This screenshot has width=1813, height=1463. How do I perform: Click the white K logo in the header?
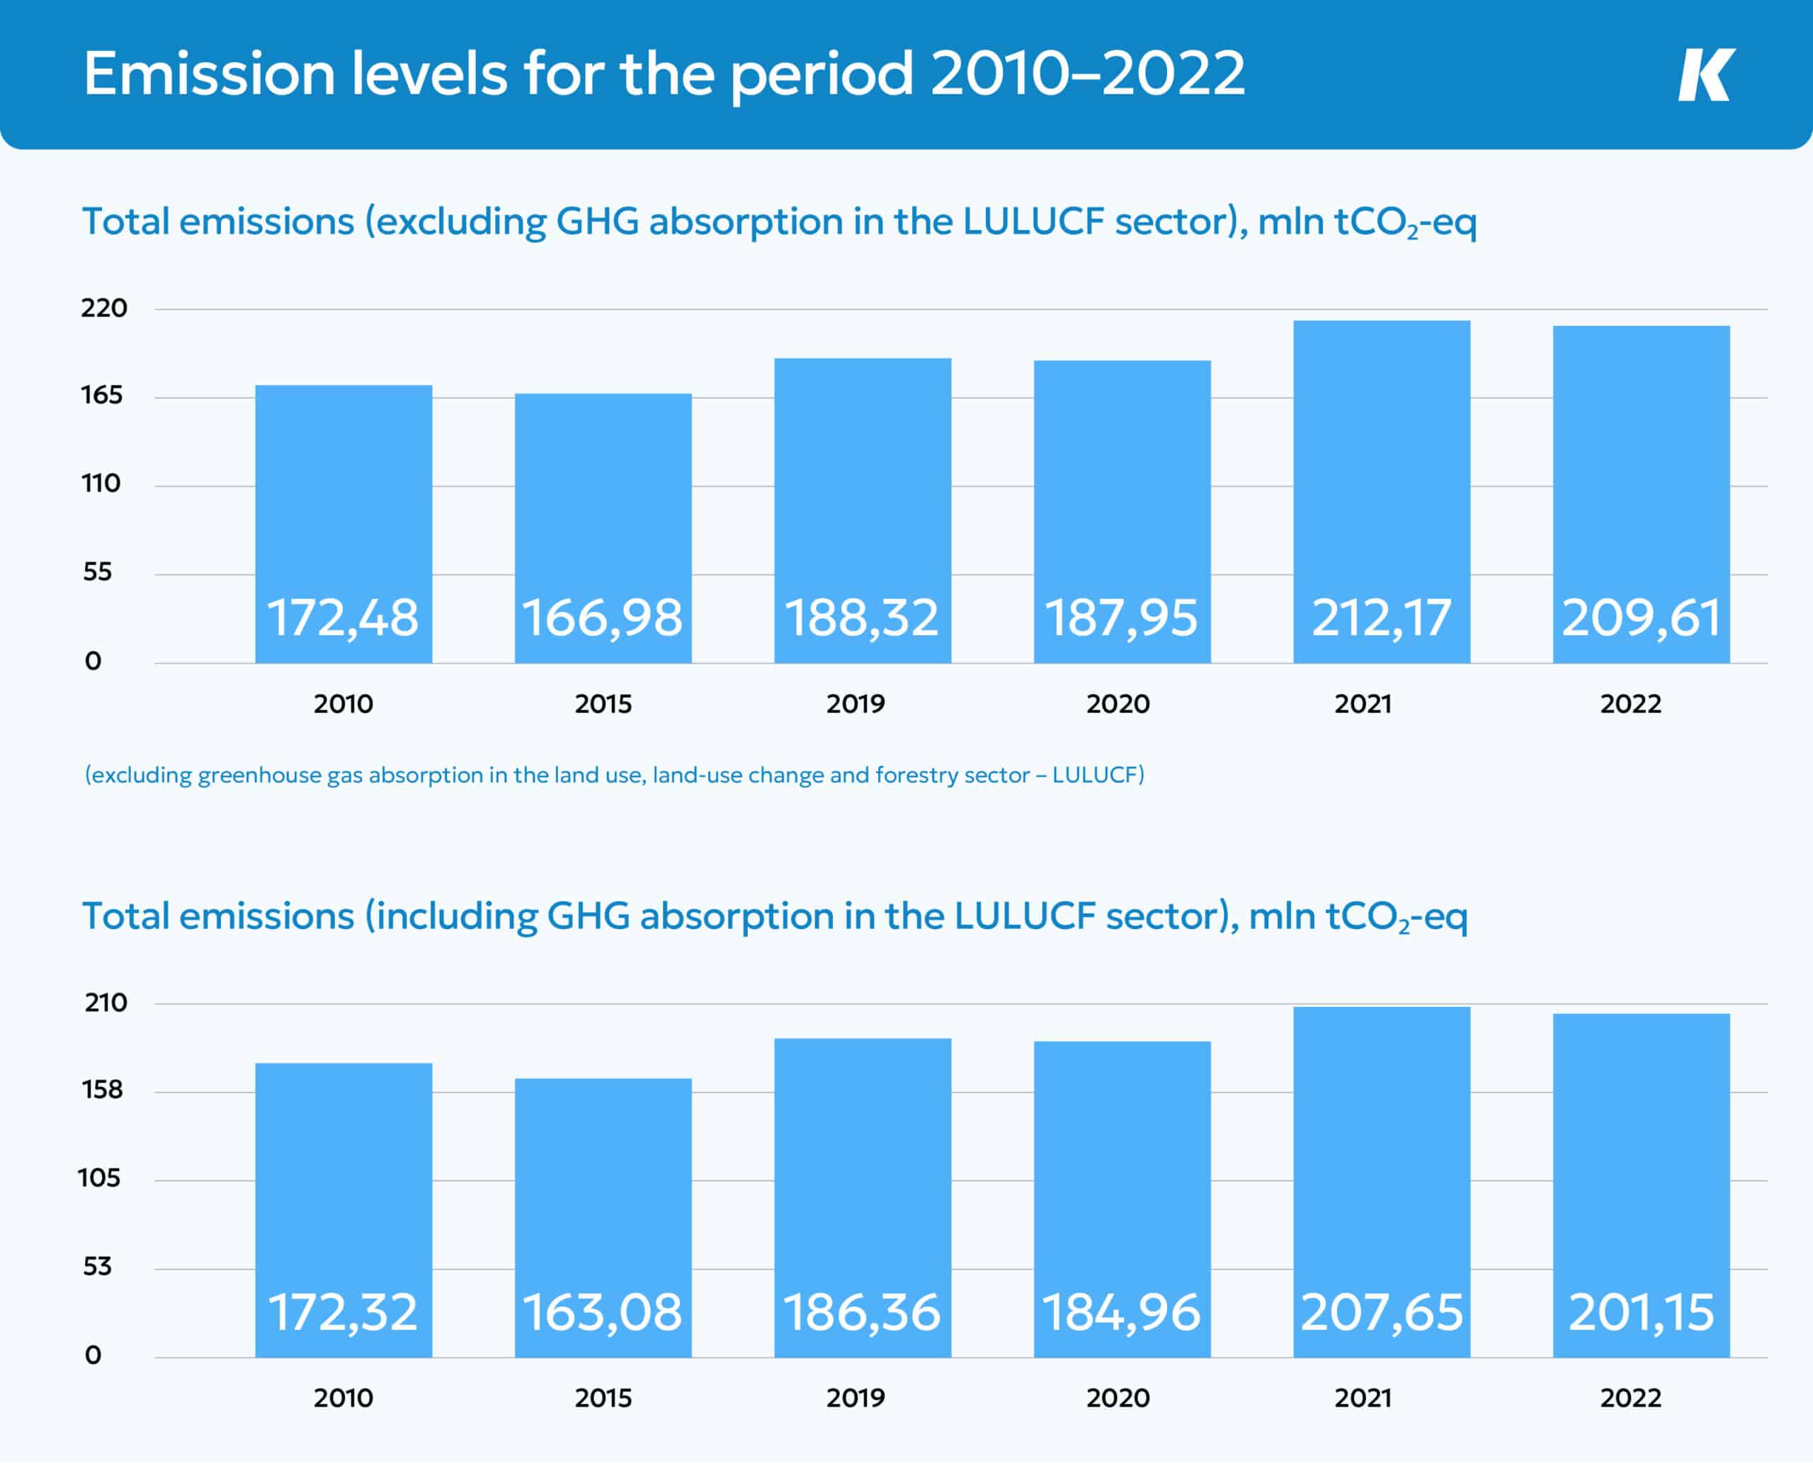1705,75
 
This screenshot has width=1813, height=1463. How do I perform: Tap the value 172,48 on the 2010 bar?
342,617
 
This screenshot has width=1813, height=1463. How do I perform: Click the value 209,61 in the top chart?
1640,617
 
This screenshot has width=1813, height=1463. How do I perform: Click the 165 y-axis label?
102,395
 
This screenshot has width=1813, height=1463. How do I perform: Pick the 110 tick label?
101,484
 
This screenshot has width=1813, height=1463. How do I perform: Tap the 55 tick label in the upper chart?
97,572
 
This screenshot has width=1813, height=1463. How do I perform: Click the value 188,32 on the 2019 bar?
861,617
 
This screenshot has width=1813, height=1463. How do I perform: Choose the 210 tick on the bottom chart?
106,1003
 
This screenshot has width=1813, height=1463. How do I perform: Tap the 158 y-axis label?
102,1091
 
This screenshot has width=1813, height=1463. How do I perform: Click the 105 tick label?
99,1178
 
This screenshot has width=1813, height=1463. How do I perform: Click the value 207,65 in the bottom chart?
1382,1313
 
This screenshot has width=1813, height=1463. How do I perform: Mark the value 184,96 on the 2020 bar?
1121,1313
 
